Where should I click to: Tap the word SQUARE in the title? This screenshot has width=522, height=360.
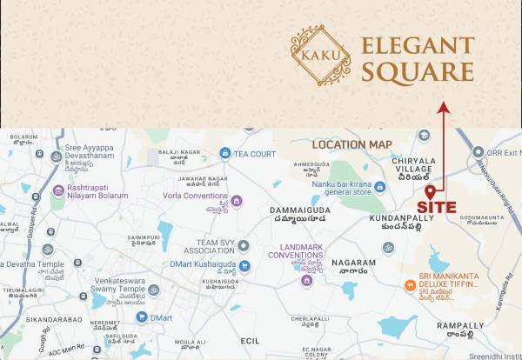[x=417, y=72]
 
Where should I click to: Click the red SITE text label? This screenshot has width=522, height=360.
[x=435, y=207]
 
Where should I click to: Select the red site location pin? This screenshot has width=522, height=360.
[x=429, y=191]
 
